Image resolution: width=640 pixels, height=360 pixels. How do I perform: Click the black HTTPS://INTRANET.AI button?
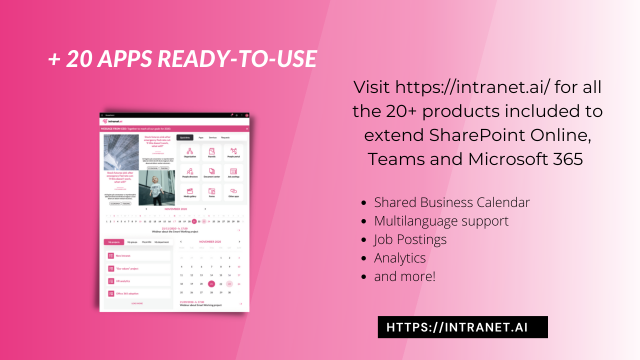pyautogui.click(x=462, y=327)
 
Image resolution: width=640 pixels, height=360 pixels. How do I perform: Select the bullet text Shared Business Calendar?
pyautogui.click(x=452, y=202)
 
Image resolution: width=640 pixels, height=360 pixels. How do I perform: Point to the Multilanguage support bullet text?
pyautogui.click(x=441, y=221)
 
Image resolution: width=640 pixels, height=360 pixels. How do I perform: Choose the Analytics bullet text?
pyautogui.click(x=400, y=258)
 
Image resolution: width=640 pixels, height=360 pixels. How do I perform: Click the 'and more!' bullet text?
pyautogui.click(x=404, y=276)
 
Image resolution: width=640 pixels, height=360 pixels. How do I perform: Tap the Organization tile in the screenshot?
pyautogui.click(x=189, y=153)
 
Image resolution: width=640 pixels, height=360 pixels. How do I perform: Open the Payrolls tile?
pyautogui.click(x=211, y=153)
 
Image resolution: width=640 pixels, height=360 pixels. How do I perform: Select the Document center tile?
pyautogui.click(x=211, y=172)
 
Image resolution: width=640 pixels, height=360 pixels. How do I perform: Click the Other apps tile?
pyautogui.click(x=233, y=192)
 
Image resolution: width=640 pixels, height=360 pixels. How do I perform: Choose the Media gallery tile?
pyautogui.click(x=189, y=192)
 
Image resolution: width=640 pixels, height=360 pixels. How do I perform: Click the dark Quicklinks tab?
pyautogui.click(x=185, y=137)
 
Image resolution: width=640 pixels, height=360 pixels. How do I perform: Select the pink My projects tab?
pyautogui.click(x=113, y=242)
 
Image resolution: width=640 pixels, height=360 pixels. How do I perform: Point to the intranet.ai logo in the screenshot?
pyautogui.click(x=113, y=121)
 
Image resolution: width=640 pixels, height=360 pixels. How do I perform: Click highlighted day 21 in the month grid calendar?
pyautogui.click(x=211, y=283)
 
